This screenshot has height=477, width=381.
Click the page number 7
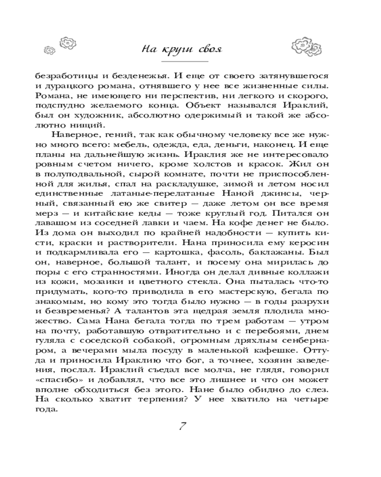[x=183, y=426]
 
